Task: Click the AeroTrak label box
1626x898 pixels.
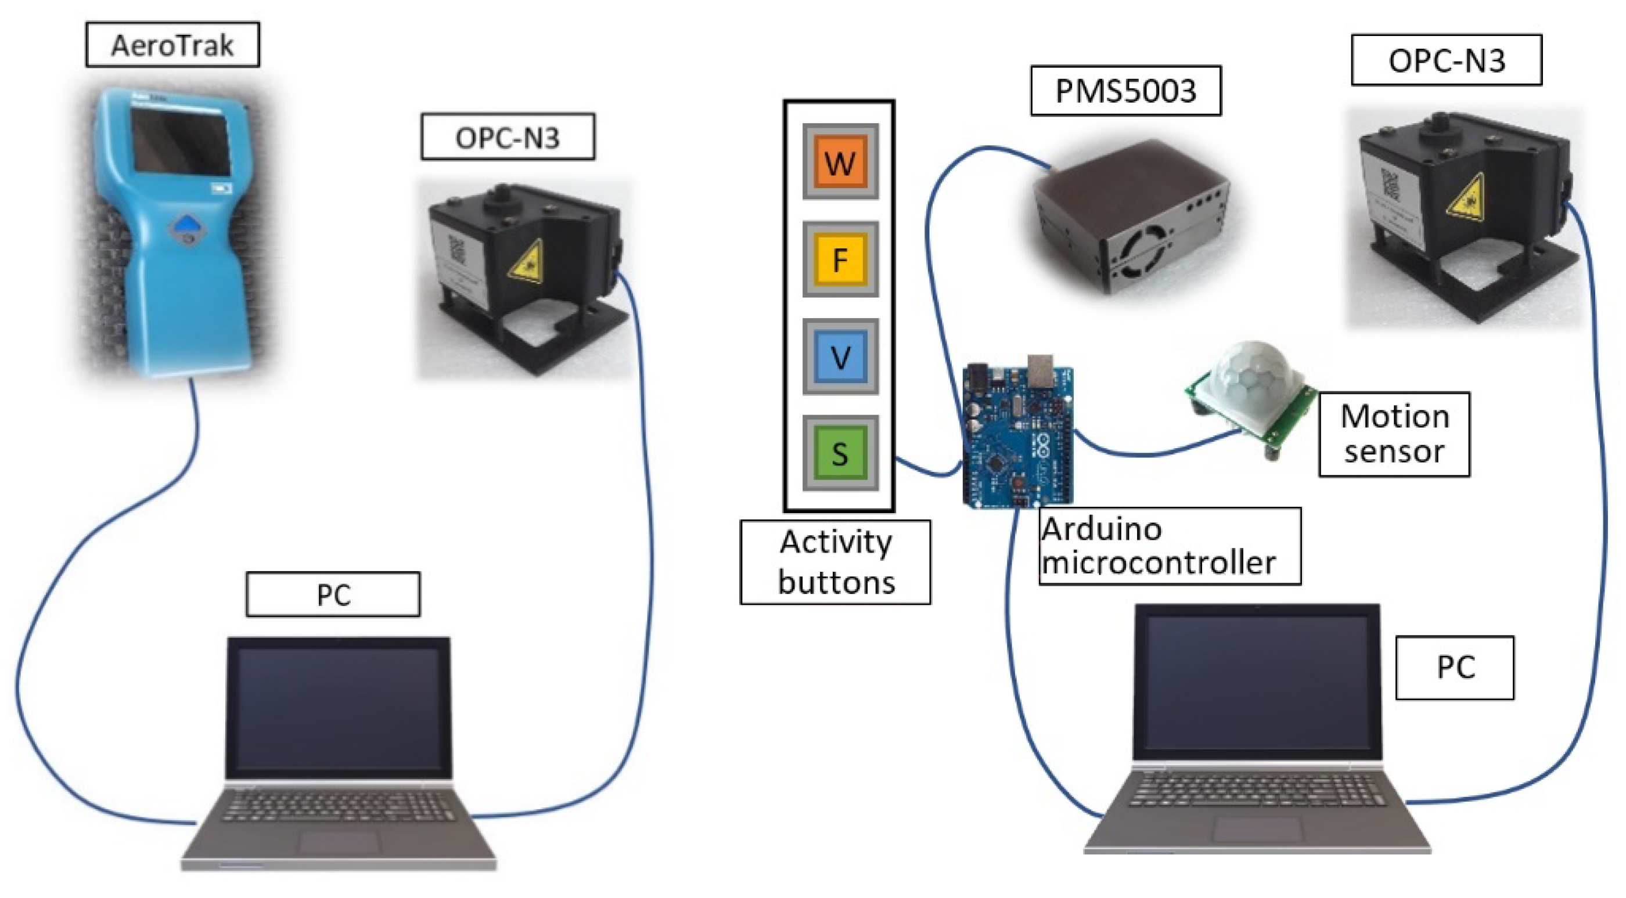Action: click(172, 45)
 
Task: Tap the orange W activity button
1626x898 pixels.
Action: click(840, 161)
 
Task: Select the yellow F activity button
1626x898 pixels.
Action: click(840, 259)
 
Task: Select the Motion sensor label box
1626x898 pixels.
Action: click(1394, 434)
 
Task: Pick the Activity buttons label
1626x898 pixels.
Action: click(835, 562)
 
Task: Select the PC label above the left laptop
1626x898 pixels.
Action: click(333, 594)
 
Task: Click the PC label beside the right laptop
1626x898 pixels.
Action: click(1455, 668)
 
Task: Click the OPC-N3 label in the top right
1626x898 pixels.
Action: click(1446, 60)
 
